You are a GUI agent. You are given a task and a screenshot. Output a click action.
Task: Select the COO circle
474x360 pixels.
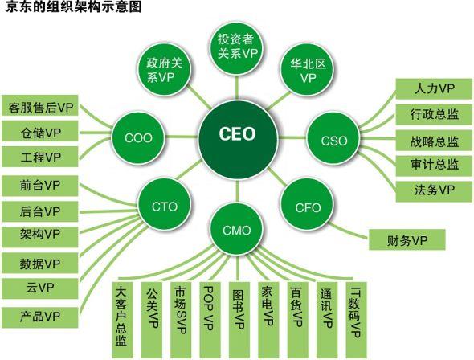coord(138,137)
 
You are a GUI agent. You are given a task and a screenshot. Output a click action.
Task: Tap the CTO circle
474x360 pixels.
coord(165,207)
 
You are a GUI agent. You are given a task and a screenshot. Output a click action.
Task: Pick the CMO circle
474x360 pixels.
coord(236,231)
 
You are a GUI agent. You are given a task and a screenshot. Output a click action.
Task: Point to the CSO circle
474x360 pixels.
coord(333,141)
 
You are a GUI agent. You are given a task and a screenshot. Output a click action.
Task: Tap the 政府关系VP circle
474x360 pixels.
coord(166,72)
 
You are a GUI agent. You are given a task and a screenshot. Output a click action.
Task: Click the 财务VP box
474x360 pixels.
coord(407,240)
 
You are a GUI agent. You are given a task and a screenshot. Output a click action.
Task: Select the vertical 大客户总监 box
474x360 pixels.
coord(121,316)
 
